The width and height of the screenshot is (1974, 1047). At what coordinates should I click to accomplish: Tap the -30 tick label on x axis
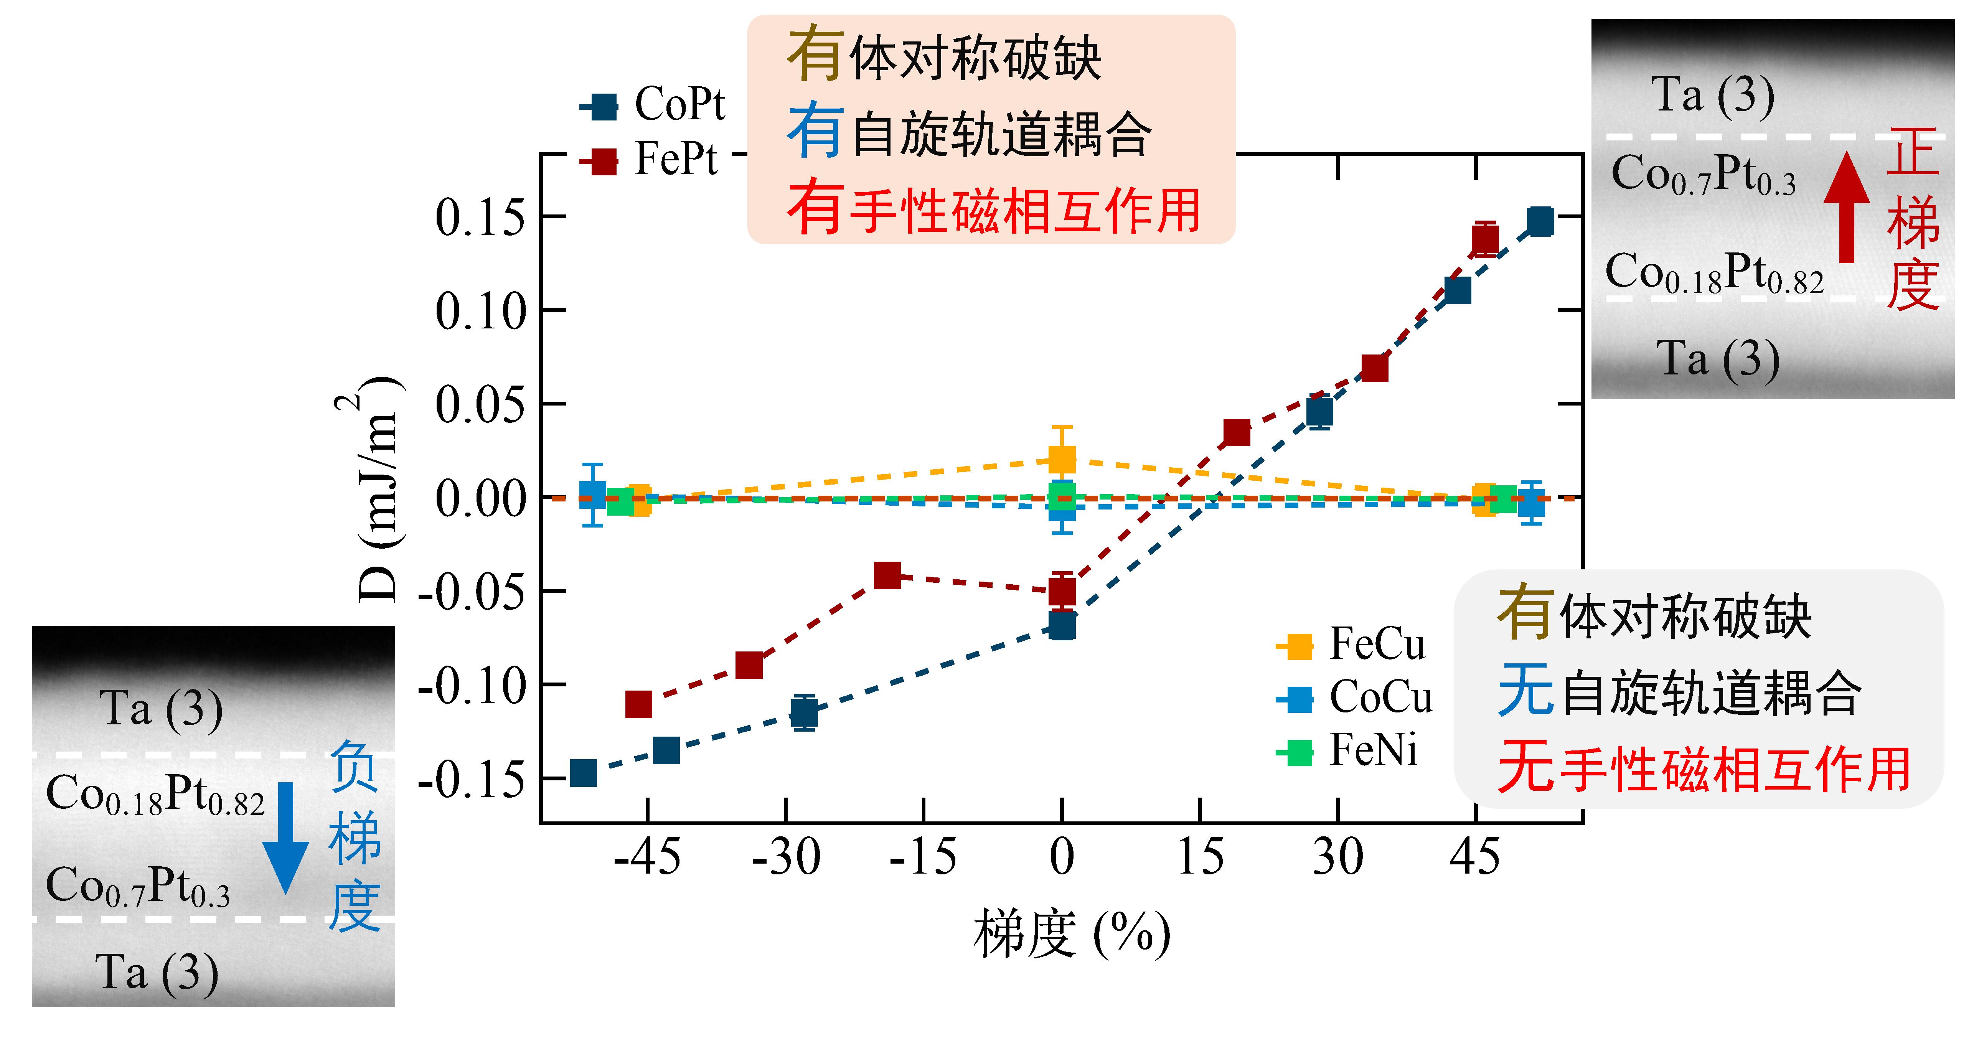tap(785, 857)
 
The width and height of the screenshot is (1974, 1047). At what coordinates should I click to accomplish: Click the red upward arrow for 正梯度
tap(1847, 207)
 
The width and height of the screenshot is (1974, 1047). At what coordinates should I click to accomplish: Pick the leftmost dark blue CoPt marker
tap(583, 773)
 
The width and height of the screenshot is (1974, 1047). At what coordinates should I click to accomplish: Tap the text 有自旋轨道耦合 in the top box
tap(970, 134)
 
